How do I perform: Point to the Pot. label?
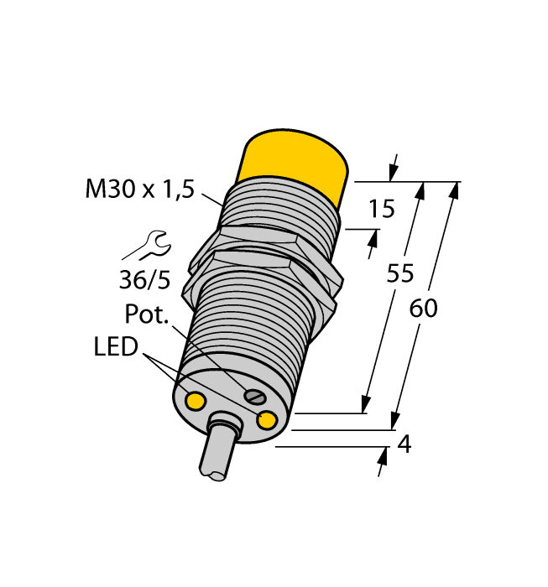click(147, 315)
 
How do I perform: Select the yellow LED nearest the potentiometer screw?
click(268, 420)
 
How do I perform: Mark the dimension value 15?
click(381, 209)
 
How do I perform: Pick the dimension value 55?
click(399, 273)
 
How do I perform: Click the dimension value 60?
click(423, 309)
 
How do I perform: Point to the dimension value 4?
click(404, 445)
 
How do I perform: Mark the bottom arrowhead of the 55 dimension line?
click(366, 405)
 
